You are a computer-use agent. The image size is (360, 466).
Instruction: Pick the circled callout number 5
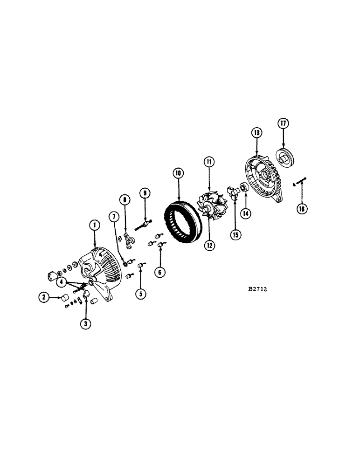(x=139, y=293)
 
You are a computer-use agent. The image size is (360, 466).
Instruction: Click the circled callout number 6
(x=160, y=271)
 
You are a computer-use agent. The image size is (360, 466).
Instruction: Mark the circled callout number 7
(x=113, y=216)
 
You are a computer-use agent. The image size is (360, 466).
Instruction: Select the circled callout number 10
(x=178, y=173)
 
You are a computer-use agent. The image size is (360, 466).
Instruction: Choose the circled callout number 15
(x=235, y=234)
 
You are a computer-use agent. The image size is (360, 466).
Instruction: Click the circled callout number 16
(x=302, y=208)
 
